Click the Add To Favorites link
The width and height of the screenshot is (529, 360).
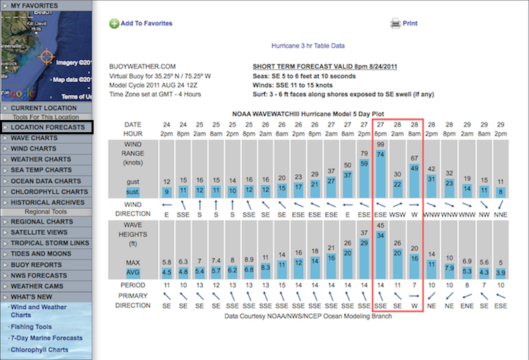click(146, 23)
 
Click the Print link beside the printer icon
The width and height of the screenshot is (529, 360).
click(410, 23)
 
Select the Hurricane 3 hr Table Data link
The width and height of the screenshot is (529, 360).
click(308, 46)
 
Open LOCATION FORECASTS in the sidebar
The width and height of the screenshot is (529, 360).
click(47, 127)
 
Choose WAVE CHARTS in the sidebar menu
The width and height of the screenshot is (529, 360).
click(34, 138)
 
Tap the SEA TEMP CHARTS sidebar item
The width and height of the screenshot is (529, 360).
click(41, 170)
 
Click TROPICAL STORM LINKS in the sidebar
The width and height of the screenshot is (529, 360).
click(50, 243)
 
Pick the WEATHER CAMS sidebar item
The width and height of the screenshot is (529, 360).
click(37, 286)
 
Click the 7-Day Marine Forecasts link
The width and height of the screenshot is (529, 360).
click(46, 338)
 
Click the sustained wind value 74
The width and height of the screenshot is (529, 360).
click(380, 155)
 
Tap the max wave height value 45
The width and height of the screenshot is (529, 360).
click(380, 226)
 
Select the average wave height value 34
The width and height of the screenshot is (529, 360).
click(380, 235)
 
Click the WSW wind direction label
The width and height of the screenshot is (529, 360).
click(397, 214)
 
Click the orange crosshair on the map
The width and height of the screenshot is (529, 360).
click(46, 56)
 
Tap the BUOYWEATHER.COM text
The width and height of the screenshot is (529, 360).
click(137, 66)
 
